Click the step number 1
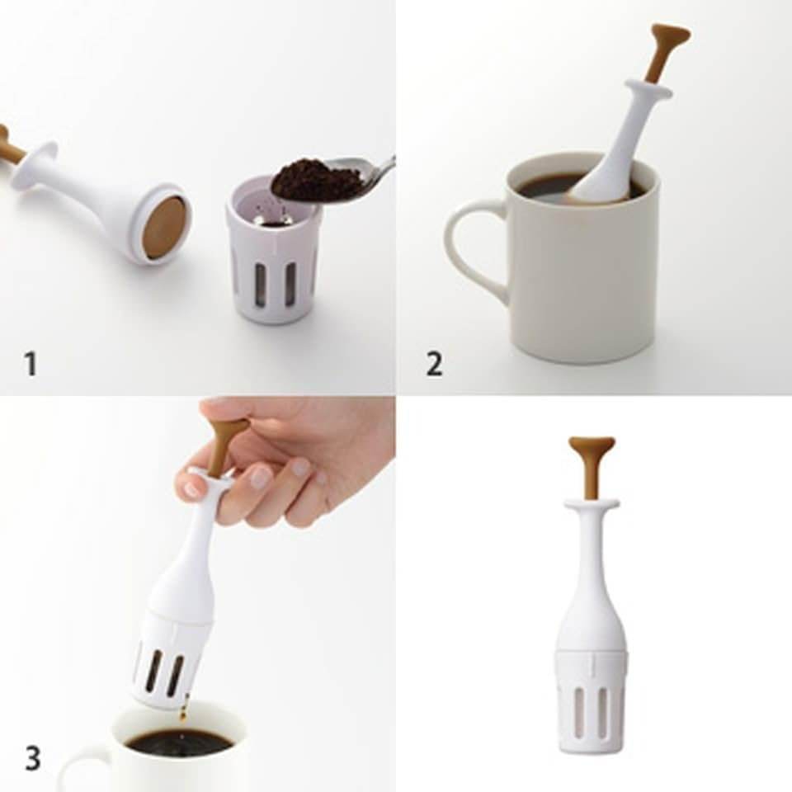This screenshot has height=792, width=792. (31, 364)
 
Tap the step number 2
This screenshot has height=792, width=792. (434, 364)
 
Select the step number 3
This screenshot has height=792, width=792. (32, 758)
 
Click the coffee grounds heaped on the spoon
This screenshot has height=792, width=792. (317, 179)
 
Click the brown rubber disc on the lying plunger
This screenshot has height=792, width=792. (164, 226)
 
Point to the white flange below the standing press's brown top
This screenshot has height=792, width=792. (592, 502)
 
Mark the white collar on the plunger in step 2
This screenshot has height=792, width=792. (648, 89)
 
